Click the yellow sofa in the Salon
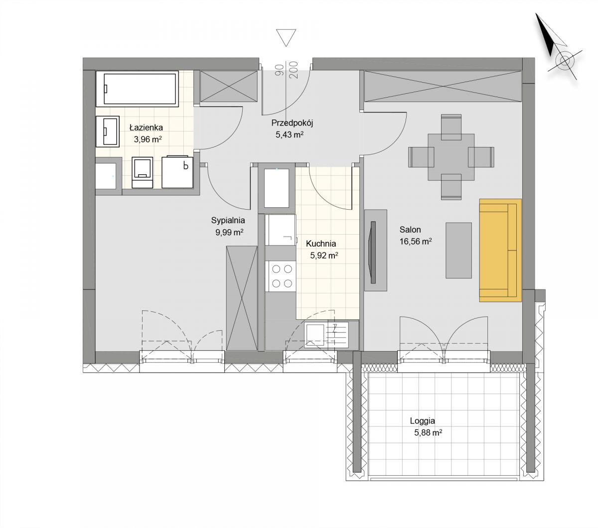500,251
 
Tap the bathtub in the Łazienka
137,89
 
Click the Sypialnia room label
228,220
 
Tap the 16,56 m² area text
416,242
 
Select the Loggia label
423,420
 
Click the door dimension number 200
294,70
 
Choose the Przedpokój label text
292,123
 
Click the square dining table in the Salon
451,157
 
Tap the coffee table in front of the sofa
458,250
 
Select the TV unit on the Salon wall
375,250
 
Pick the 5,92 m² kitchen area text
324,256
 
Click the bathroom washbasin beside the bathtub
108,132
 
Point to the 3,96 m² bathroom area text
148,139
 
